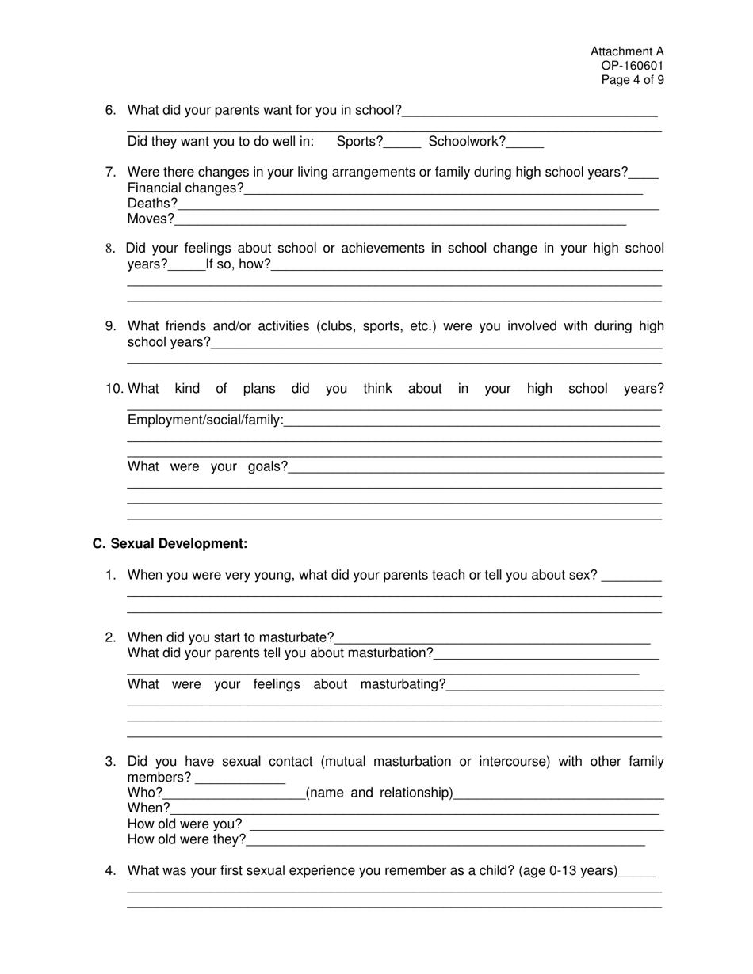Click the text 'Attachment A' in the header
click(627, 51)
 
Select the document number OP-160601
click(637, 66)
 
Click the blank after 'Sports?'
click(402, 143)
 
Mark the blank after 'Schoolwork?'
click(525, 143)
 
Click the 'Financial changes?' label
click(185, 188)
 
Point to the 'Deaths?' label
click(152, 204)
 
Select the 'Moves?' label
click(151, 219)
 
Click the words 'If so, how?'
click(238, 264)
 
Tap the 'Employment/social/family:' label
click(205, 420)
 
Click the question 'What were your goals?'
click(207, 467)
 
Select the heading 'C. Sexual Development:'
click(170, 544)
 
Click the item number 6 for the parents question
click(110, 110)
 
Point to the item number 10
click(115, 389)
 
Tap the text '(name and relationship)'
click(379, 793)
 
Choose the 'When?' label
click(148, 808)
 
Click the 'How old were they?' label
click(186, 839)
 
